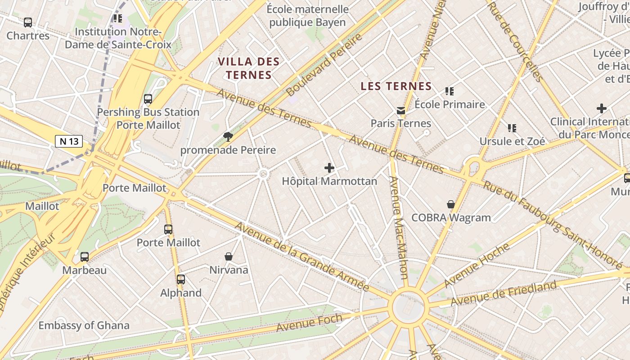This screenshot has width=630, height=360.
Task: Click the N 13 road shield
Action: (x=69, y=141)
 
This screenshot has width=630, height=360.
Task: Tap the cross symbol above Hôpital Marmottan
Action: (x=329, y=168)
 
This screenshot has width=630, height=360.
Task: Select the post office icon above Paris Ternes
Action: (x=400, y=110)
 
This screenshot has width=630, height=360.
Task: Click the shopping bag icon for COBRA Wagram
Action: (x=451, y=205)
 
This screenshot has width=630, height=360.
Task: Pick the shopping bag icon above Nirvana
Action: (x=229, y=256)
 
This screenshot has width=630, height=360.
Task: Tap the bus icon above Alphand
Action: (x=181, y=279)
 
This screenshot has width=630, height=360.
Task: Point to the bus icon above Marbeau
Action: (x=85, y=257)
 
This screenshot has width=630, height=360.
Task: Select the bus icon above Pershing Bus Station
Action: (x=148, y=99)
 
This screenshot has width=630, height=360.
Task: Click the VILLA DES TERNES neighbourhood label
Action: (x=249, y=68)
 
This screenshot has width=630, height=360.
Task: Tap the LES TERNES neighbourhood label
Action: (x=396, y=86)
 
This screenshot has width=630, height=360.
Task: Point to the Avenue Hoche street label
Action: (x=477, y=265)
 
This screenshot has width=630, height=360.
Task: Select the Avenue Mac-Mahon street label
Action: (x=399, y=227)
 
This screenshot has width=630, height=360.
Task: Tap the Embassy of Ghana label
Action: (x=84, y=325)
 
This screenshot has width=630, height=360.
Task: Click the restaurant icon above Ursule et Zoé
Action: (x=512, y=128)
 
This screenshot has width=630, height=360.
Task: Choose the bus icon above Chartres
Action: (x=28, y=22)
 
